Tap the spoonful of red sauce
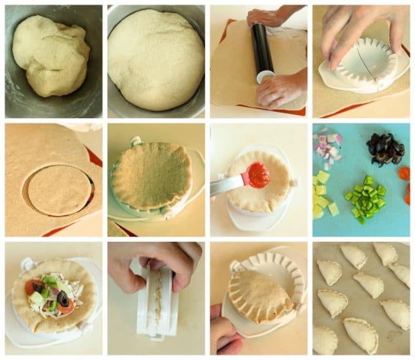pos(258,174)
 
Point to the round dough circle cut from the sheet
pos(58,189)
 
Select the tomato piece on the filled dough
pos(33,287)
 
